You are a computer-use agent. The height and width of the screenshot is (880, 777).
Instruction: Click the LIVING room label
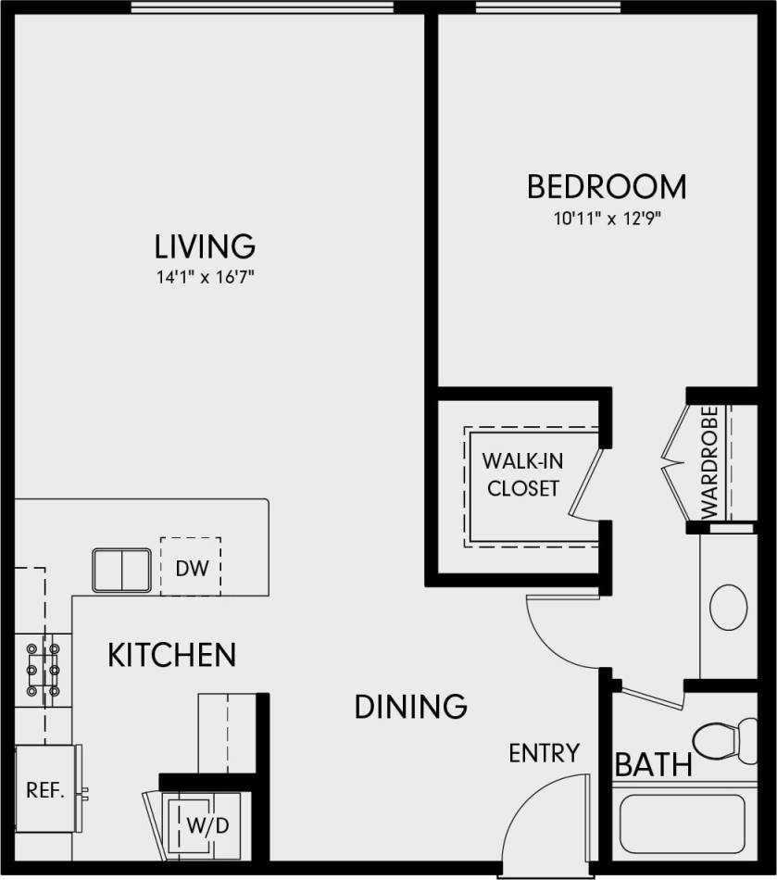pos(205,246)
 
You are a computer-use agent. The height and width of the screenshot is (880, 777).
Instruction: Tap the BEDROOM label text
pos(607,186)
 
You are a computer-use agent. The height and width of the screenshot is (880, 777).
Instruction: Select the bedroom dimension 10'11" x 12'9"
pos(607,220)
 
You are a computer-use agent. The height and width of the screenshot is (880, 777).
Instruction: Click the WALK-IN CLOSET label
pos(523,474)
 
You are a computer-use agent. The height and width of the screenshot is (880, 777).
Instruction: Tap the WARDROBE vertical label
pos(709,461)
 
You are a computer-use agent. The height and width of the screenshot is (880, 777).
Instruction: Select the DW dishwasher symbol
pos(191,567)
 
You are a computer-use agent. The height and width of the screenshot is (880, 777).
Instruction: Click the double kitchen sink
pos(121,569)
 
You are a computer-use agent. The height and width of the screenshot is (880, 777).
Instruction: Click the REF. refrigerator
pos(45,790)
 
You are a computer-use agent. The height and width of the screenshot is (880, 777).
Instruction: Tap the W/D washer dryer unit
pos(207,823)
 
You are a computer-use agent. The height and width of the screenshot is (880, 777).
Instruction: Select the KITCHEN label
pos(172,656)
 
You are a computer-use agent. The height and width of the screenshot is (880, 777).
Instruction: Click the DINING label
pos(411,707)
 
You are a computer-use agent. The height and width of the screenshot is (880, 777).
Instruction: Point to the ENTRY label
pos(544,753)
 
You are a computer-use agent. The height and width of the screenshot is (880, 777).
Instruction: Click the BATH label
pos(654,765)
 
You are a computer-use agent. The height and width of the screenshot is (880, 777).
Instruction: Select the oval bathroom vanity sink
pos(728,608)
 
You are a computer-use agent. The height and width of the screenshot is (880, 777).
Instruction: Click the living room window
pos(263,7)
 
